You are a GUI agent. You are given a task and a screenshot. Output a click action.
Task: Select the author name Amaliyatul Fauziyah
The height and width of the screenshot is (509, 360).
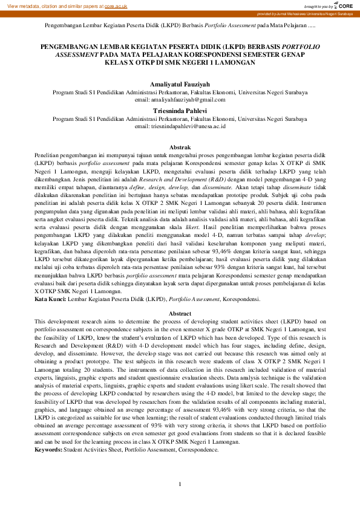click(180, 85)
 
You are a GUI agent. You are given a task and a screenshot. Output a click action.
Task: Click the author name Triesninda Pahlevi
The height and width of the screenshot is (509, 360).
click(180, 111)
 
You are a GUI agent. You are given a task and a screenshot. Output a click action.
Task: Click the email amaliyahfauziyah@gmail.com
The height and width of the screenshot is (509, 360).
click(180, 99)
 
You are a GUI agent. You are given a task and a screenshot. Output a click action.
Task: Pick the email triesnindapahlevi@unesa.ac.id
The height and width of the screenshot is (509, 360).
click(180, 126)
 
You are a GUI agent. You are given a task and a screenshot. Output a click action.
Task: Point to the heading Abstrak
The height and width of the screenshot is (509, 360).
click(180, 148)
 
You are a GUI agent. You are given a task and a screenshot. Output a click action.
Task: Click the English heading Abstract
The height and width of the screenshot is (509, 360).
click(180, 314)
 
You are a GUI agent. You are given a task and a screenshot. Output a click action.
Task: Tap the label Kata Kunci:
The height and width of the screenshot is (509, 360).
click(50, 299)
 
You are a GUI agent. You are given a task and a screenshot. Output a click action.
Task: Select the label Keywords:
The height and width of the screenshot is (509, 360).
click(48, 450)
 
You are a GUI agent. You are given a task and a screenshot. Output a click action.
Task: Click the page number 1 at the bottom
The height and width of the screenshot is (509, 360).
click(180, 484)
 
